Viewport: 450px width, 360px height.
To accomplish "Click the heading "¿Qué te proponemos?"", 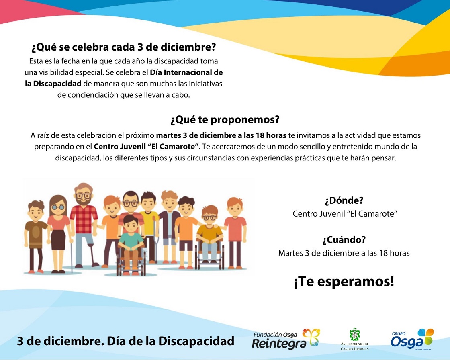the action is (x=225, y=120).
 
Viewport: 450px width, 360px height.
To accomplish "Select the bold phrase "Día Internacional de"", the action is (x=186, y=72).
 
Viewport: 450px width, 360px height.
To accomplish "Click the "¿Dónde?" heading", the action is (x=344, y=200).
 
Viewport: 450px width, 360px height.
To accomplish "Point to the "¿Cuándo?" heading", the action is (x=344, y=240).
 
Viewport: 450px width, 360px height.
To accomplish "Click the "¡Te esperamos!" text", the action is (x=344, y=282).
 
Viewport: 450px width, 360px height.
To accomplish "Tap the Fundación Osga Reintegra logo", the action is (x=286, y=340).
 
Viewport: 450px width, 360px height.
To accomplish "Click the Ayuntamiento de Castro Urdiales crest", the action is (x=355, y=335).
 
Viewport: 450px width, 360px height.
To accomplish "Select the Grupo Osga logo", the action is (x=412, y=340).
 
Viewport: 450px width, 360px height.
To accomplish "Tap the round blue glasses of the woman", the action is (x=58, y=207).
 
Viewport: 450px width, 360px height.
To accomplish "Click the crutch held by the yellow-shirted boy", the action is (x=155, y=238).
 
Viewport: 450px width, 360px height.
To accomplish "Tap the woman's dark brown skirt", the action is (x=58, y=240).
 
